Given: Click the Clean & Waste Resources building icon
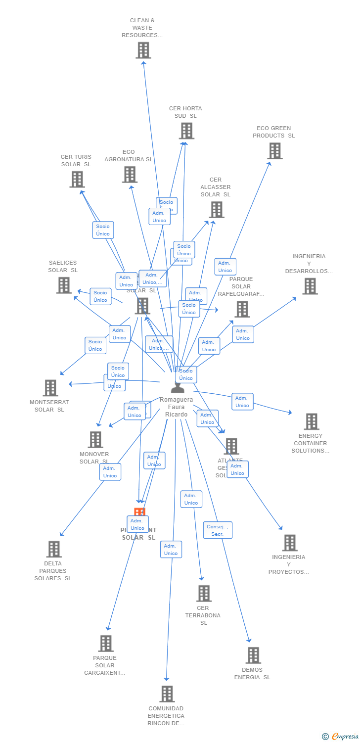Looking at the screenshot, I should (x=143, y=50).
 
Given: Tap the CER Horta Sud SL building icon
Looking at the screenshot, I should (x=186, y=131).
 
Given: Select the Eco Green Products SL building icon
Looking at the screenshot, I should (x=275, y=151).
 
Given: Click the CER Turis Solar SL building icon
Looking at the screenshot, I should (x=77, y=179).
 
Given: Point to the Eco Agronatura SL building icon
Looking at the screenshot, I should (x=130, y=174).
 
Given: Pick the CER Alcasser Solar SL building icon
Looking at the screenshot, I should (x=216, y=210).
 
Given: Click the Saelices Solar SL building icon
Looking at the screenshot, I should (x=64, y=285).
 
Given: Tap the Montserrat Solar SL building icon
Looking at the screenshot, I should (x=50, y=388).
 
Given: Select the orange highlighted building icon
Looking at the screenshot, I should (x=139, y=512).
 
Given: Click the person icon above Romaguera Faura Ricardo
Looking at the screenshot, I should (x=177, y=388).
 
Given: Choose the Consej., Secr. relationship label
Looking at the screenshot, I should (x=218, y=530).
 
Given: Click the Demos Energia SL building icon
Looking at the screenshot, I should (x=253, y=655).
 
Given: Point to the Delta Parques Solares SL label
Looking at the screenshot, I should (x=53, y=571).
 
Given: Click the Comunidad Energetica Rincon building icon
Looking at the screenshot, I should (x=167, y=694).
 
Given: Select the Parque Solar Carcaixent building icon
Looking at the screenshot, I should (x=106, y=644).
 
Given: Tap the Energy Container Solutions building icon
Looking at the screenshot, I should (x=311, y=421).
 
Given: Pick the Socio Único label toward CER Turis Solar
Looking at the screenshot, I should (x=103, y=230).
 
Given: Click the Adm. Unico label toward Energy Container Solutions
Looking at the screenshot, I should (x=242, y=402).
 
